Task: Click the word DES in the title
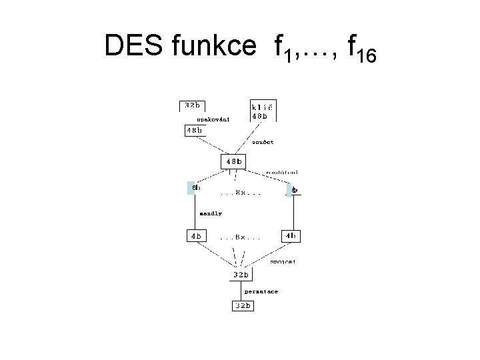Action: click(134, 47)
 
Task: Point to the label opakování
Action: click(213, 120)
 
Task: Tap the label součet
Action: click(262, 142)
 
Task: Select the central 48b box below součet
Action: click(233, 161)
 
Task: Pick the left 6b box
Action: click(196, 188)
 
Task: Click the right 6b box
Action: click(293, 190)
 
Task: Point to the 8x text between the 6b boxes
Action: click(239, 193)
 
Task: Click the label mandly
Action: click(211, 213)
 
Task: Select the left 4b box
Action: click(196, 235)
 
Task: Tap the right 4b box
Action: click(291, 235)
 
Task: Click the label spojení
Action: click(283, 262)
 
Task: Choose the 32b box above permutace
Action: click(240, 275)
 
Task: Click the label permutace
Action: click(261, 292)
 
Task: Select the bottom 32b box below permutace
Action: click(242, 306)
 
